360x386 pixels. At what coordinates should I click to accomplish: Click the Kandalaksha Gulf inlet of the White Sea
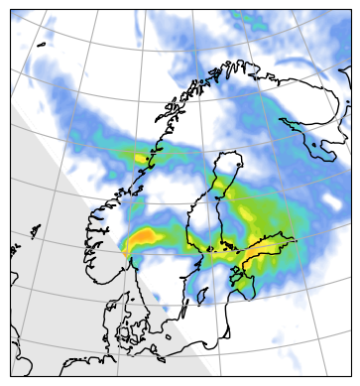[x=287, y=124]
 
